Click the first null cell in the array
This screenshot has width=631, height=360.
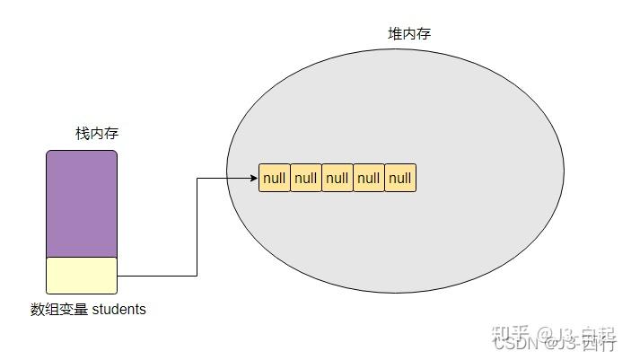[x=275, y=178]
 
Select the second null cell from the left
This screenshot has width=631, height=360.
[x=306, y=178]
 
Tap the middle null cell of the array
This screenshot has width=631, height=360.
[x=337, y=178]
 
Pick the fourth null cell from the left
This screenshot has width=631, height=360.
[x=369, y=178]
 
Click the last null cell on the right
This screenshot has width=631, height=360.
[x=400, y=178]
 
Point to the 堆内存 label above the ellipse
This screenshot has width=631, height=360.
[x=408, y=34]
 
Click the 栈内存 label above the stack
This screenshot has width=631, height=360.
[x=97, y=134]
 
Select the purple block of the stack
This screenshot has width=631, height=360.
[x=82, y=204]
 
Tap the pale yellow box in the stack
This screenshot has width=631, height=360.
[x=82, y=275]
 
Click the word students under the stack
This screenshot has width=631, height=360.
[x=118, y=310]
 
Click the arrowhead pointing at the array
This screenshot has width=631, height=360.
[x=254, y=178]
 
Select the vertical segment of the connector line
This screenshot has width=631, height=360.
[x=197, y=226]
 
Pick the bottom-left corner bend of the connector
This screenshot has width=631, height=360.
[x=197, y=275]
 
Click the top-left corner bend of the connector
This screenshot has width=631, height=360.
[x=197, y=178]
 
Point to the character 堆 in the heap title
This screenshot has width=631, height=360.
[x=394, y=34]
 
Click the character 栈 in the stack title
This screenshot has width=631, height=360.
[x=83, y=134]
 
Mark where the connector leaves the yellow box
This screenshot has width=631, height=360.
[x=118, y=275]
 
